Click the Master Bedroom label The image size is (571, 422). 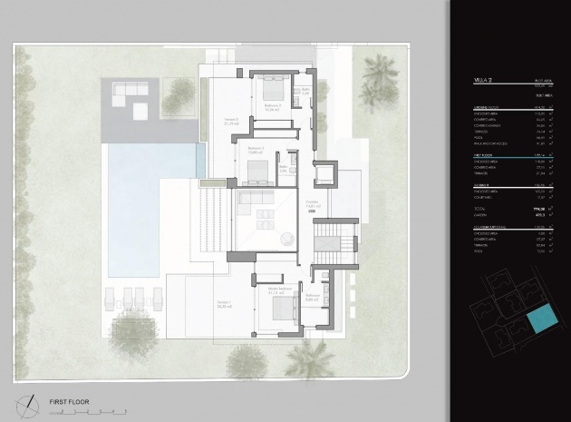point(281,291)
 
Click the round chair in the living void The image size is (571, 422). point(285,239)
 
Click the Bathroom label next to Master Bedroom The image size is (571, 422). point(313,296)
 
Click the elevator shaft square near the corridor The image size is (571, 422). point(324,173)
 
